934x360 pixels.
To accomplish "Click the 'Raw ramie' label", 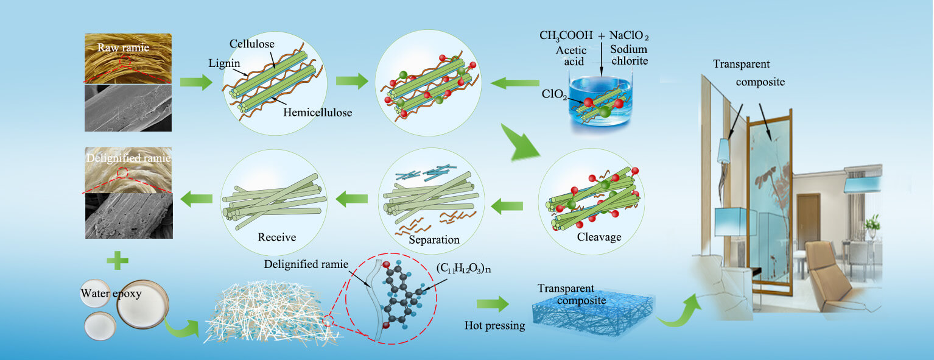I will pyautogui.click(x=124, y=48).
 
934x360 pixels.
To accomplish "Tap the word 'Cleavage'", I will pyautogui.click(x=599, y=236).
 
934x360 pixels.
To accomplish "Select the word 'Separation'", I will pyautogui.click(x=434, y=239).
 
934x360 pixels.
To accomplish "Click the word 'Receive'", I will pyautogui.click(x=276, y=237).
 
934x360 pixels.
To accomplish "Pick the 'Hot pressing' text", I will pyautogui.click(x=494, y=325).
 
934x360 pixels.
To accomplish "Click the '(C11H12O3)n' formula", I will pyautogui.click(x=463, y=266).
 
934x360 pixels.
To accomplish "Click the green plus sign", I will pyautogui.click(x=117, y=263).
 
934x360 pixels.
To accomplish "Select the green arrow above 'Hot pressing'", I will pyautogui.click(x=493, y=303).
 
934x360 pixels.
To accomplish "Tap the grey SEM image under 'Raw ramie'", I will pyautogui.click(x=127, y=107).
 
